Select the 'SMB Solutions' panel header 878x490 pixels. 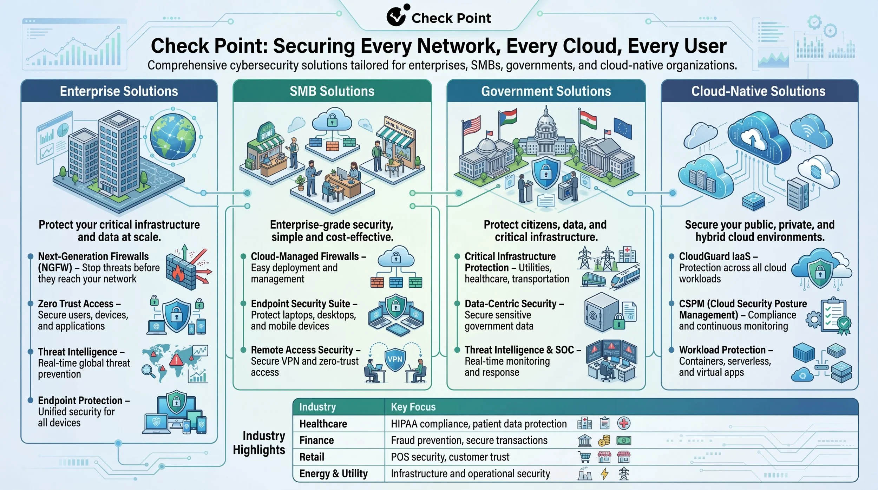coord(332,91)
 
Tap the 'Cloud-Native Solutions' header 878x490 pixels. coord(759,91)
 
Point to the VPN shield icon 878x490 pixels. coord(395,359)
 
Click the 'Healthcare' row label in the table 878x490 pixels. coord(323,424)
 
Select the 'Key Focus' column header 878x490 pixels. coord(413,407)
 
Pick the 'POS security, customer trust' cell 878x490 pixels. coord(450,457)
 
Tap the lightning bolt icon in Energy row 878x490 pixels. coord(604,473)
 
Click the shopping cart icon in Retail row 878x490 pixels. coord(585,457)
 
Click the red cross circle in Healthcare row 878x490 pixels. coord(624,423)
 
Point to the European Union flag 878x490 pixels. coord(622,129)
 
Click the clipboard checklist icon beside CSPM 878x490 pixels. coord(833,315)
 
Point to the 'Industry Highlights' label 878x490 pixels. coord(259,443)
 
